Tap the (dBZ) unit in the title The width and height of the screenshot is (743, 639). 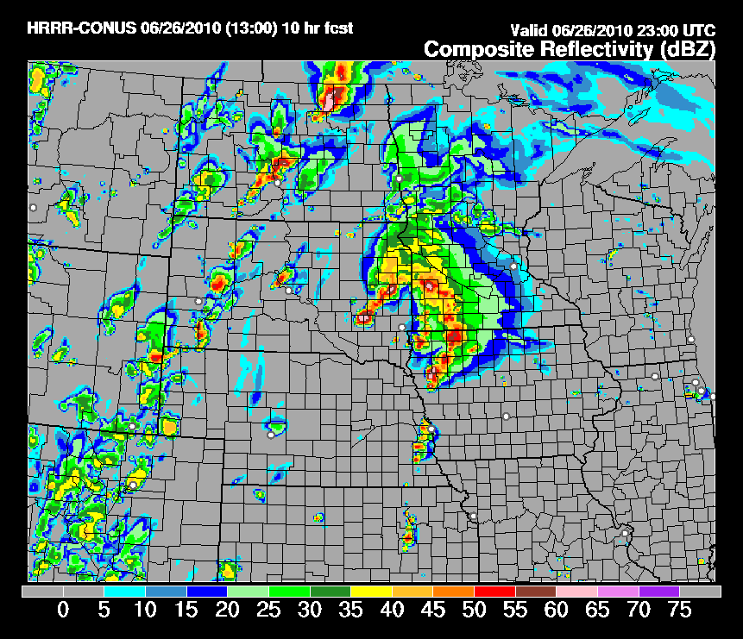(686, 50)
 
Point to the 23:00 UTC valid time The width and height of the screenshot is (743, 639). (679, 28)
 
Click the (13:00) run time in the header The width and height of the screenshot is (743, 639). (250, 28)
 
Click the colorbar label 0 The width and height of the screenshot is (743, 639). (63, 611)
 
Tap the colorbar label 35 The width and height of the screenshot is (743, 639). (351, 611)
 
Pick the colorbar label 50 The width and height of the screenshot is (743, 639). (475, 611)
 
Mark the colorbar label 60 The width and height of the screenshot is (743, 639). (557, 611)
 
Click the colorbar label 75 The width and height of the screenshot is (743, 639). (680, 611)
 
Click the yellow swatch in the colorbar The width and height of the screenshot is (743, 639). (371, 592)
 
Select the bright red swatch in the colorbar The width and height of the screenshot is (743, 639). (494, 592)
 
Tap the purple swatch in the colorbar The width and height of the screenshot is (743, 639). (658, 592)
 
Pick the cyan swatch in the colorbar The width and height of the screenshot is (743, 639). (124, 592)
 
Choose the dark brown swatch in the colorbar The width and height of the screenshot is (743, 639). (535, 592)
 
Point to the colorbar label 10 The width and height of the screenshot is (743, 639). (145, 611)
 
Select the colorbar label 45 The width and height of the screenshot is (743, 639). (433, 611)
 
